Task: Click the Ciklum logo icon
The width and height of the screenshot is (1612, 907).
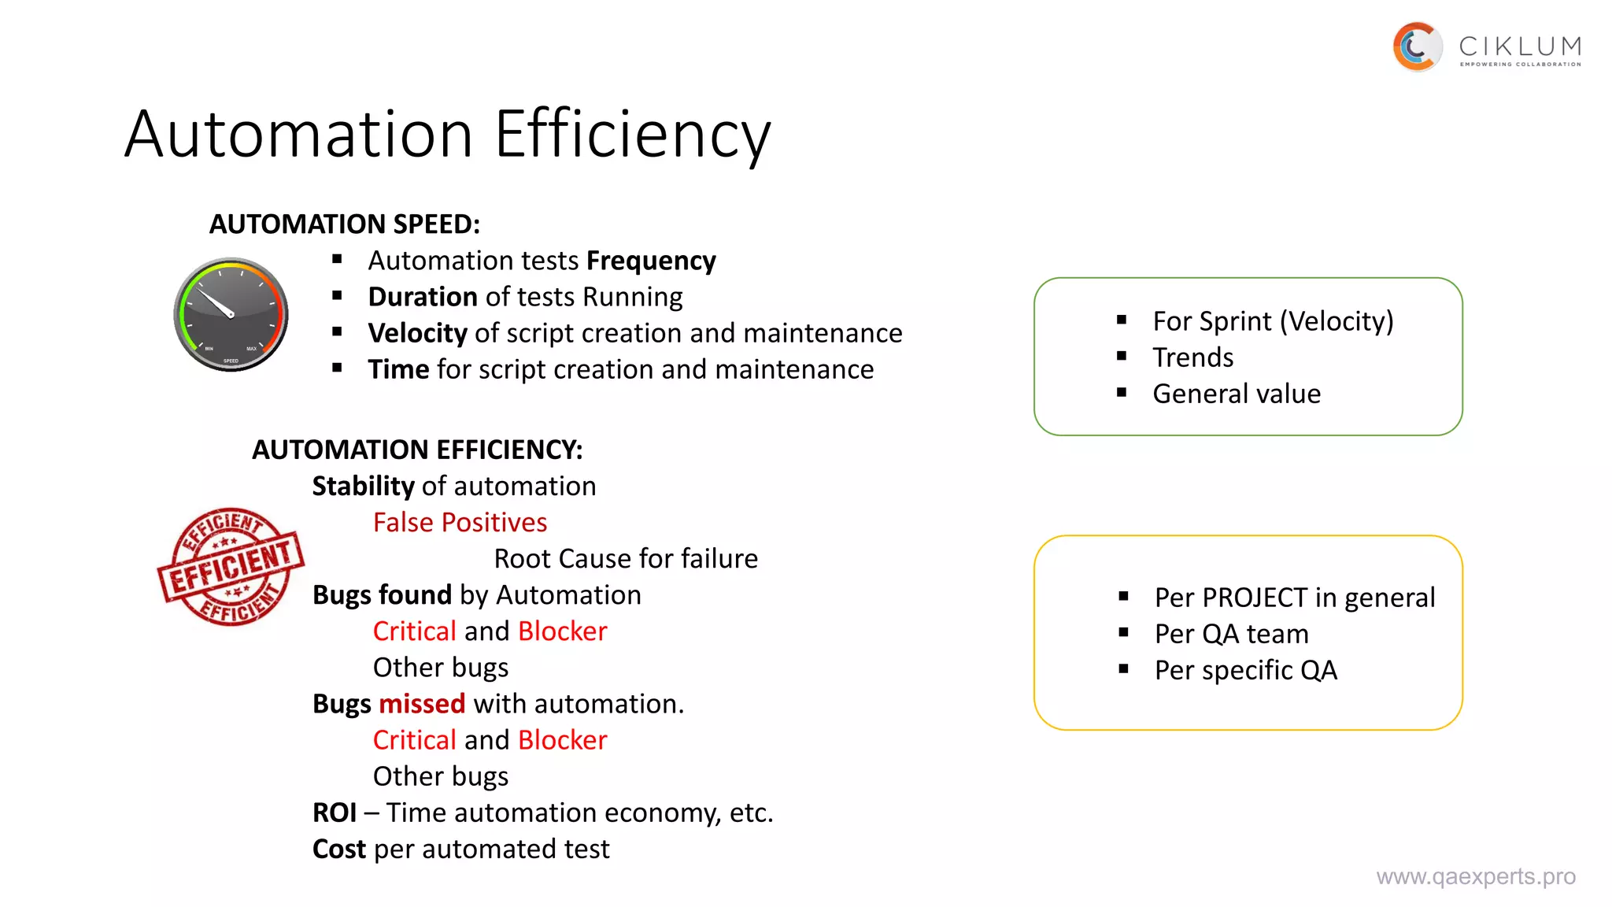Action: click(1417, 46)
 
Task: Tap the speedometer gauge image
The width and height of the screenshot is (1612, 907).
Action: click(231, 314)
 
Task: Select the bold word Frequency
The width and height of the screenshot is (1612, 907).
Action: click(651, 261)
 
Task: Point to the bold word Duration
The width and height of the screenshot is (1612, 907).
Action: click(423, 297)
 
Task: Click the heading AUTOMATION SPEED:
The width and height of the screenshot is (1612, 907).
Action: click(344, 224)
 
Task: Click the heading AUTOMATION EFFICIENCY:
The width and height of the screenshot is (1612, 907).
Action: click(417, 450)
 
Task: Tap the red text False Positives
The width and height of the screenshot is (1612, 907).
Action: click(460, 522)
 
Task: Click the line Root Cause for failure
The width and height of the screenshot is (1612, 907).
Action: click(626, 558)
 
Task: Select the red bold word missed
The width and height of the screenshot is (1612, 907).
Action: click(422, 704)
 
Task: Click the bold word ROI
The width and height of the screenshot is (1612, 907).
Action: click(335, 813)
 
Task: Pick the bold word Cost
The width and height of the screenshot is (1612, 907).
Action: click(339, 849)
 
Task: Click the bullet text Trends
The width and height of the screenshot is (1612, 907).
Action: click(1192, 357)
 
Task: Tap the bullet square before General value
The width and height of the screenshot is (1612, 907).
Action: click(1122, 392)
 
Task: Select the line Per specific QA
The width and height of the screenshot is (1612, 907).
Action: click(1245, 670)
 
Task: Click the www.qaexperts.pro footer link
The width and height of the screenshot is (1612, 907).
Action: click(1475, 876)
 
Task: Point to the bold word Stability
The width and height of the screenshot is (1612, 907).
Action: click(363, 487)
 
